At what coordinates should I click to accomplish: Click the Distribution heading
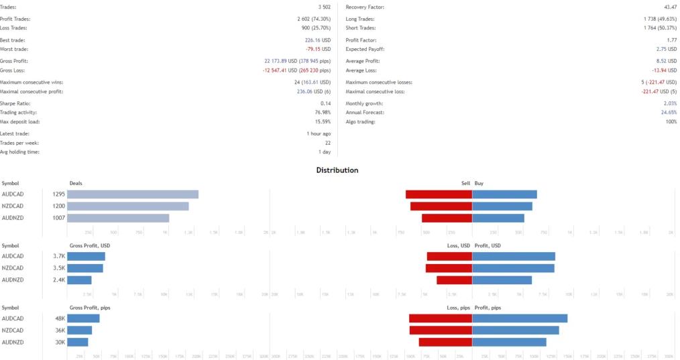[337, 170]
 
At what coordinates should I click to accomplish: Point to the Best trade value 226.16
[319, 40]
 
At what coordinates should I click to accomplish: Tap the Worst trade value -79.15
[319, 49]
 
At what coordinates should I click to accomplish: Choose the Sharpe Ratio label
[13, 103]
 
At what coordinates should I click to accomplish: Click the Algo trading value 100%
[671, 121]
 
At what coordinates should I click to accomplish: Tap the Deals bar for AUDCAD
[133, 194]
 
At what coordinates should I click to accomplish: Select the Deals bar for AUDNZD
[118, 218]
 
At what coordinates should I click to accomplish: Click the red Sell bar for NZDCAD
[441, 206]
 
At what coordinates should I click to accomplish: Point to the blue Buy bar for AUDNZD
[498, 218]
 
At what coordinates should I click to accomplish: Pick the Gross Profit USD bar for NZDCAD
[85, 268]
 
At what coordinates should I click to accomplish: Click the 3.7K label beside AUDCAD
[59, 257]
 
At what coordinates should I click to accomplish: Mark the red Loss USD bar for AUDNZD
[454, 280]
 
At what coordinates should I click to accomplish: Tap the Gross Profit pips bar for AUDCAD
[83, 318]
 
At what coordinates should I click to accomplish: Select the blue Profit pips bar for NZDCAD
[516, 331]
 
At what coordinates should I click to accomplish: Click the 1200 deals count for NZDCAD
[58, 206]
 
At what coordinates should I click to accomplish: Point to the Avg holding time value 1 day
[323, 152]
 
